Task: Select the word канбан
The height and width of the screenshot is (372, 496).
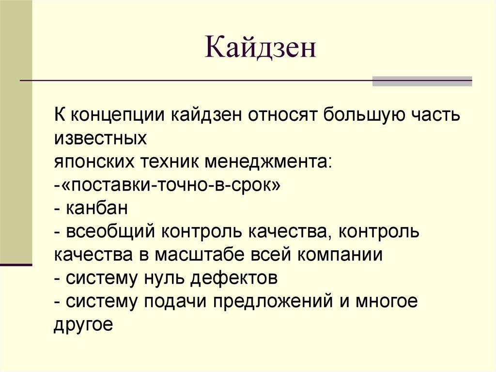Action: (97, 209)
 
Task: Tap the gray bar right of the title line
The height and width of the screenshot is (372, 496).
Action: (422, 81)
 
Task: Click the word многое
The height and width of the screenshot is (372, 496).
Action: (387, 302)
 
